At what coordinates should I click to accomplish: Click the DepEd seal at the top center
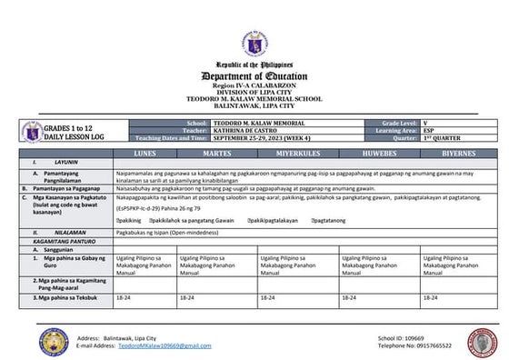pos(254,45)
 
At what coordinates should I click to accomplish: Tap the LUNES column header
pos(145,155)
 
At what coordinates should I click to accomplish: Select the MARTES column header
pos(218,155)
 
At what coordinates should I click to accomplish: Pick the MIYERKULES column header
pos(298,155)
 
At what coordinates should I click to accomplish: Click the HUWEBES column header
pos(379,155)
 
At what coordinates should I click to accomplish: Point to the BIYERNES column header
pos(459,155)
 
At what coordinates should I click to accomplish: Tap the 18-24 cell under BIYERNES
pos(431,297)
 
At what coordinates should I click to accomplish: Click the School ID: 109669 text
pos(401,337)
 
